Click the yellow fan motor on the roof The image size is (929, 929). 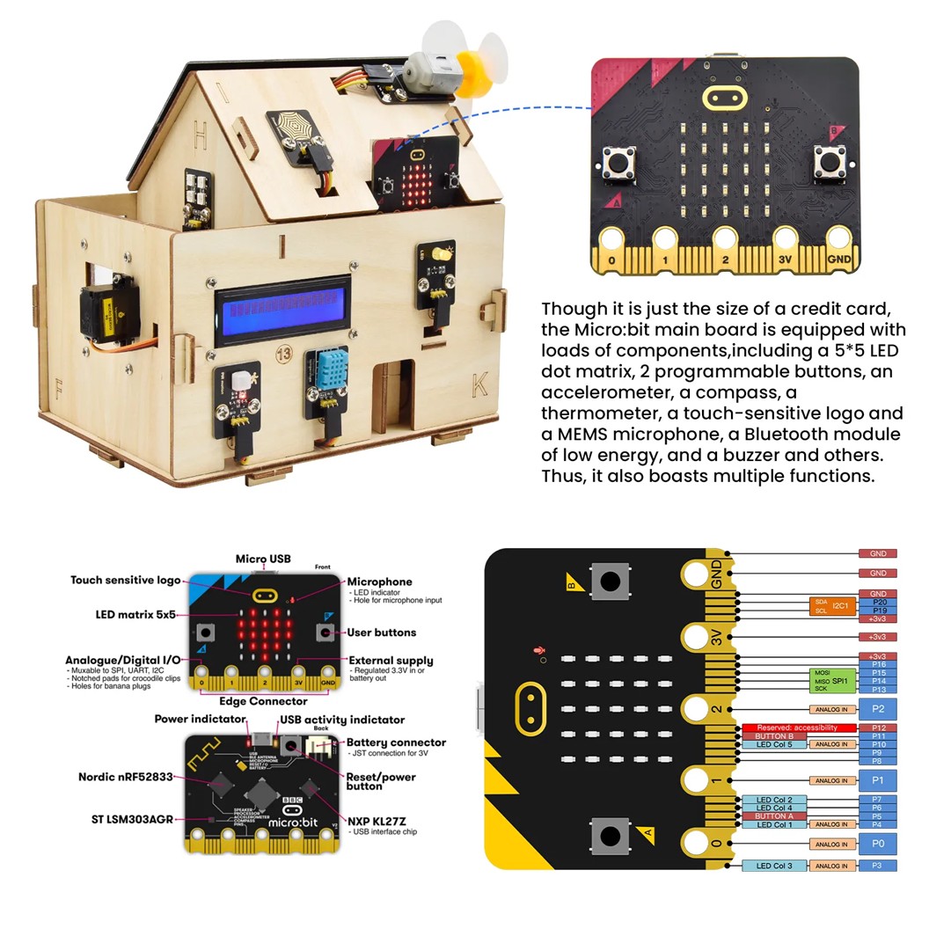click(x=475, y=69)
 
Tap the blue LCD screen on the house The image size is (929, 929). click(x=282, y=311)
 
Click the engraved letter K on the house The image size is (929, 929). click(x=479, y=384)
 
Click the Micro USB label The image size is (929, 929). click(x=263, y=559)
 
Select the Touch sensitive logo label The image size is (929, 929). click(x=126, y=581)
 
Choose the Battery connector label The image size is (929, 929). click(x=396, y=742)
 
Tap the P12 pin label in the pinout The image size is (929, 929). click(x=877, y=728)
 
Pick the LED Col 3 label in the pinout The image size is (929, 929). click(x=774, y=866)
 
